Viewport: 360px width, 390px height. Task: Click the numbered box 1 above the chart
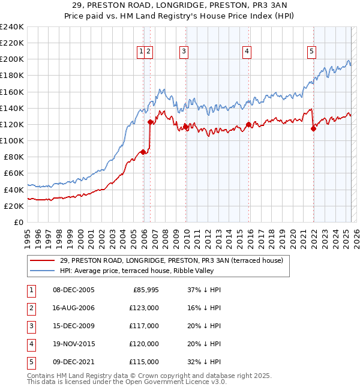click(140, 52)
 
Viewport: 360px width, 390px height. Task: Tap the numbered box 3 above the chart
click(183, 52)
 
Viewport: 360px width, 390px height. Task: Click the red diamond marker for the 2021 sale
click(313, 128)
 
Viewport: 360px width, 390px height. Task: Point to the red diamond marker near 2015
click(248, 125)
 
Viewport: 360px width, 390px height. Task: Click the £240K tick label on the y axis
click(12, 27)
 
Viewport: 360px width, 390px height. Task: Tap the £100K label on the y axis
click(12, 140)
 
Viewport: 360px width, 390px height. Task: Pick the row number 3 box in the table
click(30, 326)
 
